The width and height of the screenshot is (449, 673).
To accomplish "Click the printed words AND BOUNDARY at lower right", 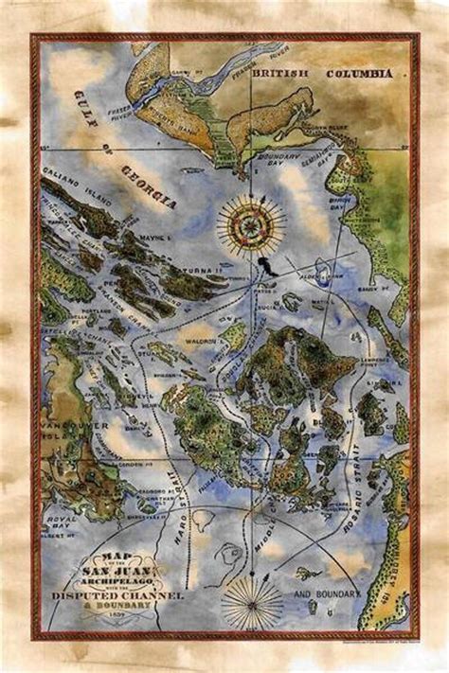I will click(x=328, y=594).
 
